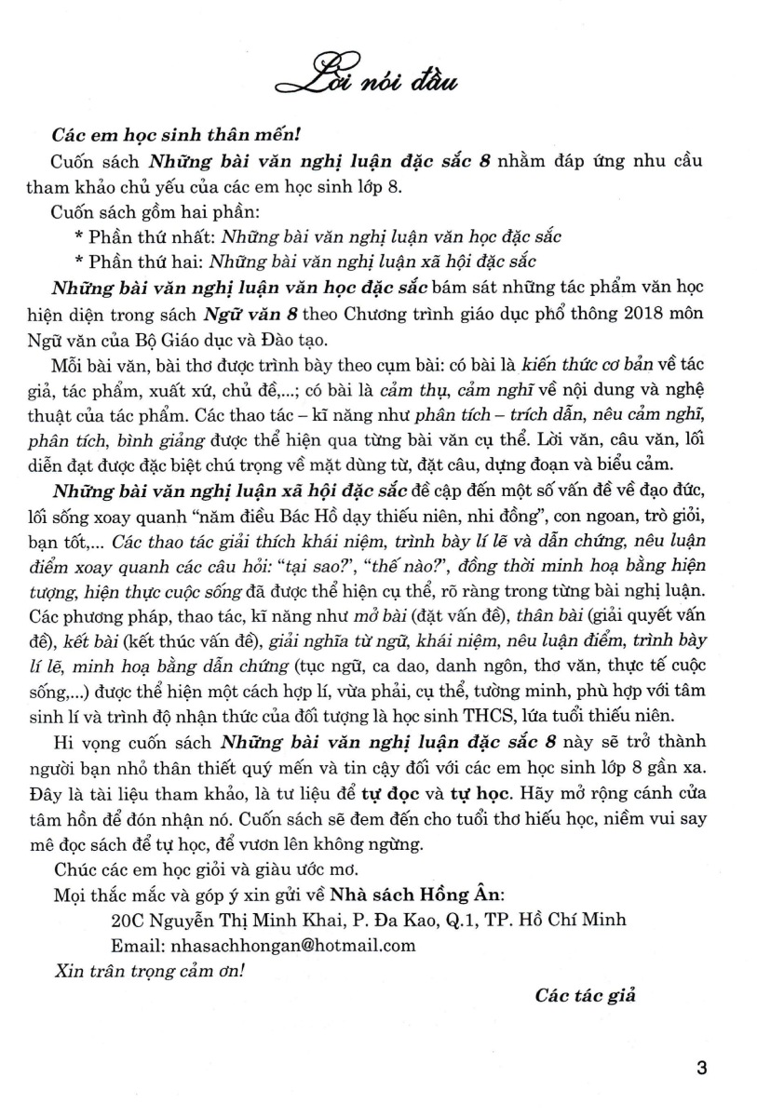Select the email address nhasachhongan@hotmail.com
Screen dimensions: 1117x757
263,945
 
